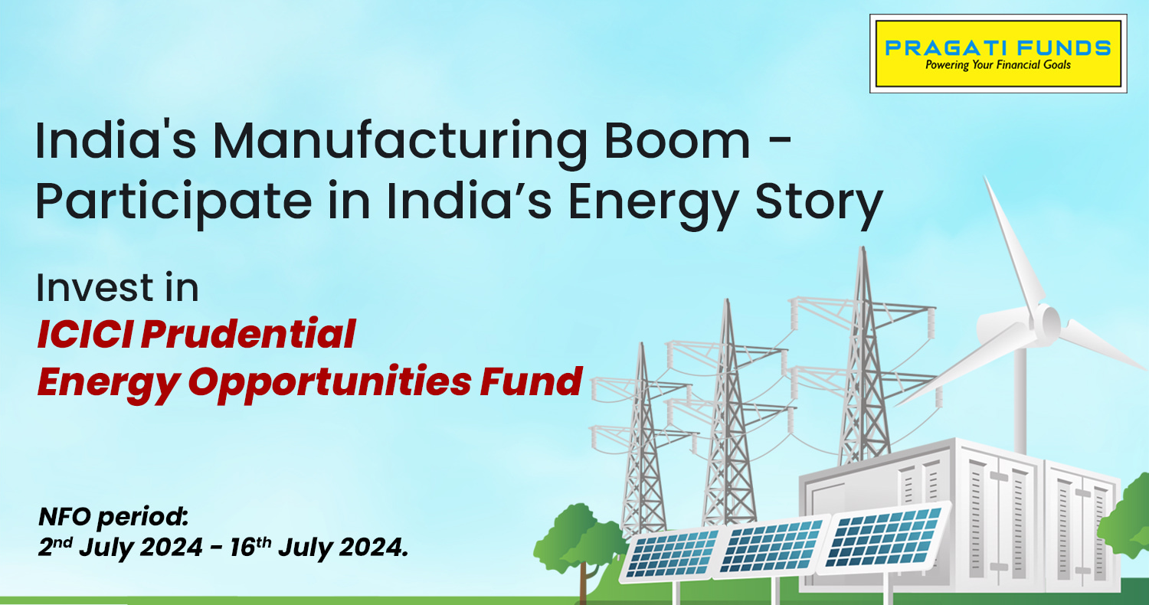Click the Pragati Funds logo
(998, 54)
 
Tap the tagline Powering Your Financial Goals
(997, 65)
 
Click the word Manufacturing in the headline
(400, 142)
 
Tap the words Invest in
(117, 288)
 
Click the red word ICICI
(85, 335)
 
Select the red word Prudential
(248, 335)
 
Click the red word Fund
(531, 381)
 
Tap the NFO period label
(113, 517)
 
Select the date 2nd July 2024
(120, 548)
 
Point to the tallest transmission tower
(865, 359)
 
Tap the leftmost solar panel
(672, 554)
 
